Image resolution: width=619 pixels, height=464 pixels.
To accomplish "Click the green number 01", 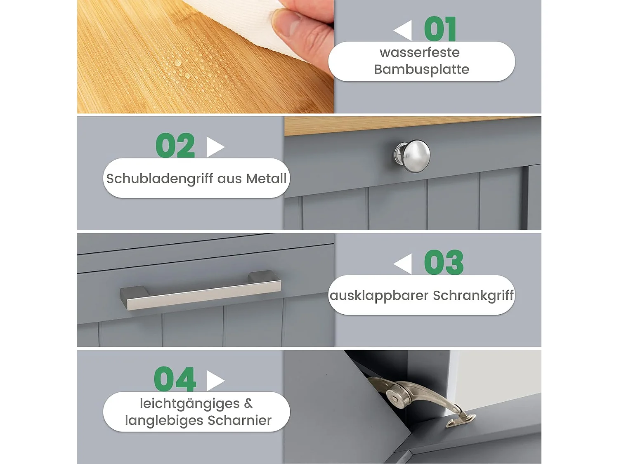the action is pyautogui.click(x=440, y=28).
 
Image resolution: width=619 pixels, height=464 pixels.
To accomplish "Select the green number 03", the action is pyautogui.click(x=444, y=262).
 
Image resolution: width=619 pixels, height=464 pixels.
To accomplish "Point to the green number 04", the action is pyautogui.click(x=175, y=379).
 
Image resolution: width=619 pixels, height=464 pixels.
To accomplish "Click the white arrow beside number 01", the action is pyautogui.click(x=403, y=30).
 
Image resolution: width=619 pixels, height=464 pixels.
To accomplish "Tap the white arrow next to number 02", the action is pyautogui.click(x=215, y=147).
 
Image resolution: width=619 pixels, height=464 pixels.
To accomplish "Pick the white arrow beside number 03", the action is pyautogui.click(x=403, y=264).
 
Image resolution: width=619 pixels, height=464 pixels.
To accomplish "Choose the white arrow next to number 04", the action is pyautogui.click(x=215, y=381).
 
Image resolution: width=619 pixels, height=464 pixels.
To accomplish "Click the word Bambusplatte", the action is pyautogui.click(x=422, y=70).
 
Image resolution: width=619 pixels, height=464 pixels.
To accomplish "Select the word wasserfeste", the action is pyautogui.click(x=420, y=52).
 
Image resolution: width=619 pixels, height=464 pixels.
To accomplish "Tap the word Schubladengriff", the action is pyautogui.click(x=160, y=179).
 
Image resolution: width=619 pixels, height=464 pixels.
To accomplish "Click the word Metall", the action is pyautogui.click(x=267, y=178).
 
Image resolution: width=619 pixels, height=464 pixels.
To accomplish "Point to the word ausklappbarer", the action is pyautogui.click(x=379, y=296).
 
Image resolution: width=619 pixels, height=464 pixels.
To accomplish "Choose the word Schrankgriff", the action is pyautogui.click(x=473, y=296).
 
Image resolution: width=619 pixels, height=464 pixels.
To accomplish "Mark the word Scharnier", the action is pyautogui.click(x=240, y=420).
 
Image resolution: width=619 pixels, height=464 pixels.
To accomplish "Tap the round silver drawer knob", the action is pyautogui.click(x=413, y=156).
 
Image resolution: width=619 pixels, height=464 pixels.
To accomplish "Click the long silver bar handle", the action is pyautogui.click(x=201, y=290).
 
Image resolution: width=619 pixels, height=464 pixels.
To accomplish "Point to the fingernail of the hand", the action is pyautogui.click(x=287, y=23).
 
